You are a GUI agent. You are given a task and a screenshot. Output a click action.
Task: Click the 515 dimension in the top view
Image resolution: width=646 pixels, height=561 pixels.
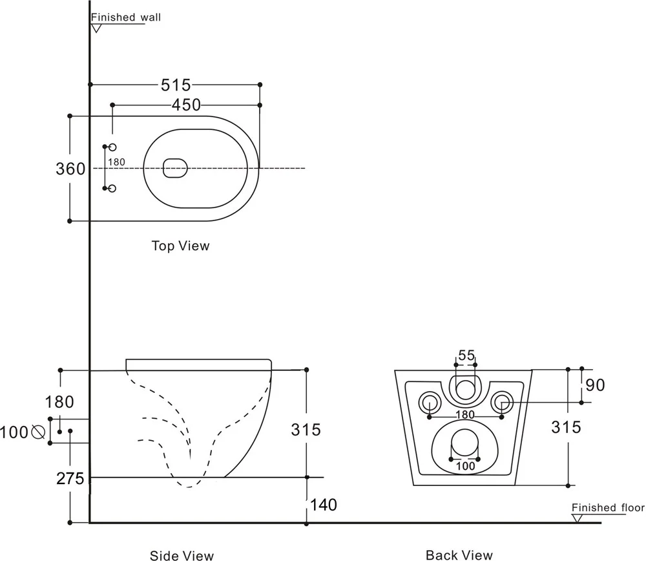click(176, 85)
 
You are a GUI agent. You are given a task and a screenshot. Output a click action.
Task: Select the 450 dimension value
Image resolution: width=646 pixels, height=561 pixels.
click(186, 105)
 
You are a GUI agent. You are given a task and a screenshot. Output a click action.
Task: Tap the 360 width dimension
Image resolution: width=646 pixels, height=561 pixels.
click(70, 169)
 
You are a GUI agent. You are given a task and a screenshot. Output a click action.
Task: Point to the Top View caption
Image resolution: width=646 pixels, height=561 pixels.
click(181, 246)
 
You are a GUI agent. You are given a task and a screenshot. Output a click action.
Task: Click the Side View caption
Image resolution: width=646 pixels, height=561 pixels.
click(182, 555)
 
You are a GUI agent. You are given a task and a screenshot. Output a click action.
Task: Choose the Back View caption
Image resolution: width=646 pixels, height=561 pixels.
click(459, 555)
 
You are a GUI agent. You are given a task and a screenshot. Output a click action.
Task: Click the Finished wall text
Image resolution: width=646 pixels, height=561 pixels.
click(126, 17)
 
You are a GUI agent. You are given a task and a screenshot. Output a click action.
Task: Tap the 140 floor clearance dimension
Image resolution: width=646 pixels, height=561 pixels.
click(324, 504)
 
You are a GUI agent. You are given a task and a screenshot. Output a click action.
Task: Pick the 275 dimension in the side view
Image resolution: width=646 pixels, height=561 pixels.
click(70, 479)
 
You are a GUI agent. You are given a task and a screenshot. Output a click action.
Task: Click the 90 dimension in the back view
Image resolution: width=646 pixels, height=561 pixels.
click(596, 385)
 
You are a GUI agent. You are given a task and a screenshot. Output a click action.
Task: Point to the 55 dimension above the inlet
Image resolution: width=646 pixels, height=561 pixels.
click(466, 355)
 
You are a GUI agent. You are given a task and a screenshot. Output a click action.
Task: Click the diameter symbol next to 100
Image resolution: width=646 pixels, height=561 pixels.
click(37, 431)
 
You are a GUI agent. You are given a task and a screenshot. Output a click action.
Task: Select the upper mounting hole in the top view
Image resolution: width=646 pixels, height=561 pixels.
click(112, 147)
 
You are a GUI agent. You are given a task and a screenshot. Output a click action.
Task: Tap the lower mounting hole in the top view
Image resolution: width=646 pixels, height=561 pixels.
click(112, 188)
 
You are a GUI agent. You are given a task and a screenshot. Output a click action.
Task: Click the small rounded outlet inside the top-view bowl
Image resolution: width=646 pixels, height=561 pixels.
click(175, 168)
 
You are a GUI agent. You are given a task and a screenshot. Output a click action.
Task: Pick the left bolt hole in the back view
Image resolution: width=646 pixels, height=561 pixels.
click(429, 403)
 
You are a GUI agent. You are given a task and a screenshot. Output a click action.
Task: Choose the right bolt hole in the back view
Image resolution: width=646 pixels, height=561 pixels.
click(502, 403)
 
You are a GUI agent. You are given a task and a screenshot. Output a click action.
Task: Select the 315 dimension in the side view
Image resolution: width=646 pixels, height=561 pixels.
click(306, 429)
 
